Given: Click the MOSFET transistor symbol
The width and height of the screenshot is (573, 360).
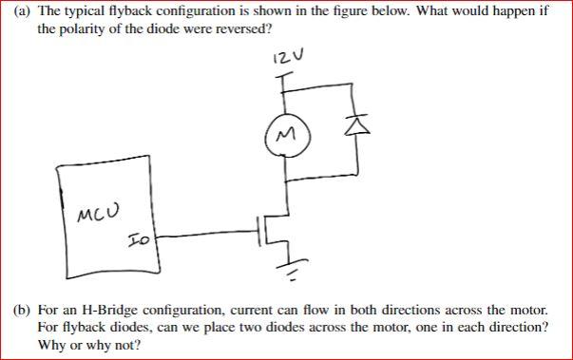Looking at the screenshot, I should point(271,229).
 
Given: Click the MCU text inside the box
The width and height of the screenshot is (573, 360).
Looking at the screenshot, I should point(90,211).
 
